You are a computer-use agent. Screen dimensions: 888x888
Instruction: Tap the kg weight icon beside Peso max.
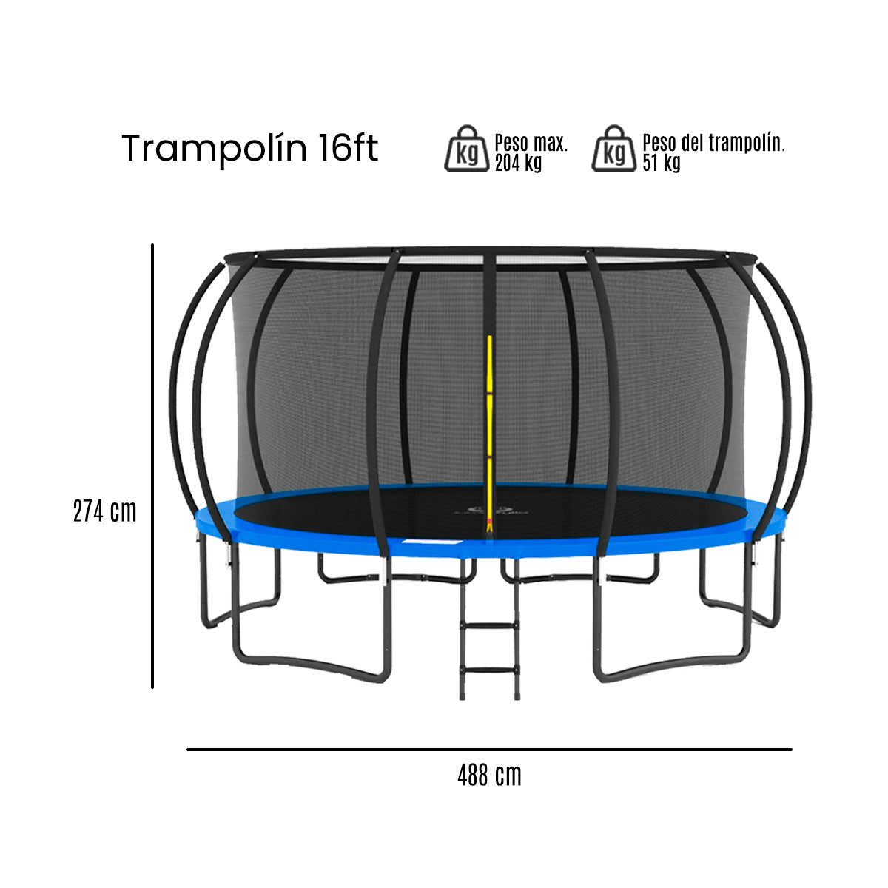[467, 149]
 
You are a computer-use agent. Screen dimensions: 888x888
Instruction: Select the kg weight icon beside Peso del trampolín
[613, 149]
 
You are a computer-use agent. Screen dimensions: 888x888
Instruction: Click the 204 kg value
[518, 164]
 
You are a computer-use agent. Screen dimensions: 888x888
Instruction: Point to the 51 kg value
[662, 164]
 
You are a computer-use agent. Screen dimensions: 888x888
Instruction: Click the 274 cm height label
[104, 511]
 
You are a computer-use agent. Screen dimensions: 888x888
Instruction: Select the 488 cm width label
[489, 776]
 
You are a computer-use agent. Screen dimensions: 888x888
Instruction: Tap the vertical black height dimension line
[152, 466]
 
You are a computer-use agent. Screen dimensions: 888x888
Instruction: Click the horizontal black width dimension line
[488, 750]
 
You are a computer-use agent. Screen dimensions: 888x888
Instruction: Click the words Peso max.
[531, 142]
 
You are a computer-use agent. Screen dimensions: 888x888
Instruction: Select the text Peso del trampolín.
[713, 142]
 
